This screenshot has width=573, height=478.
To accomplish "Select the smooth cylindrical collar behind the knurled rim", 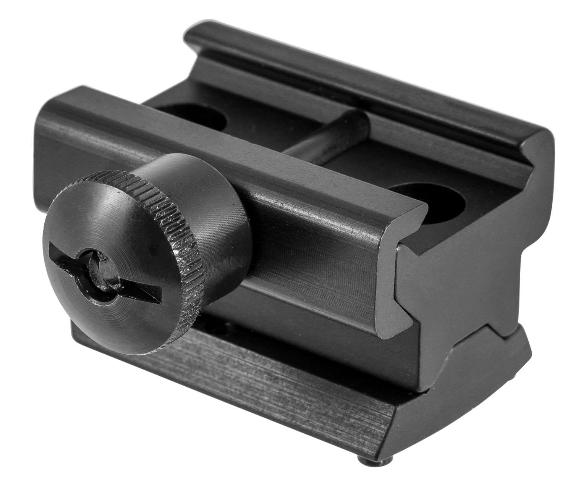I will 218,206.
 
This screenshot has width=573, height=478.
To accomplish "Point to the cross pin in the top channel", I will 329,134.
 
